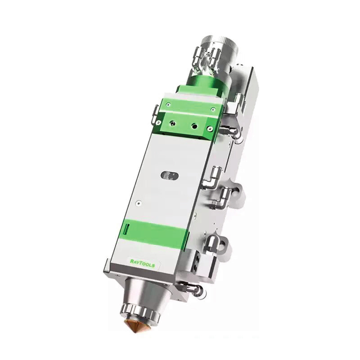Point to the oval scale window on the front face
pyautogui.click(x=170, y=175)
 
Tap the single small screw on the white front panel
pyautogui.click(x=139, y=203)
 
